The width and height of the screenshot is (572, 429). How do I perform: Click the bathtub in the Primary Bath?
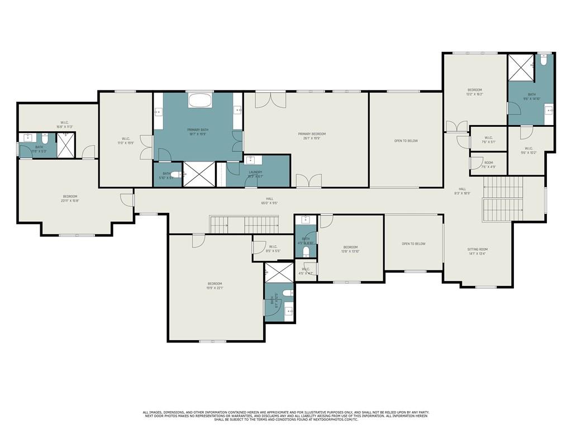click(199, 101)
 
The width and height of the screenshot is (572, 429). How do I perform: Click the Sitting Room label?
click(477, 251)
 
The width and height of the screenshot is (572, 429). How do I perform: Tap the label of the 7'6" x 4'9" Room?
click(489, 164)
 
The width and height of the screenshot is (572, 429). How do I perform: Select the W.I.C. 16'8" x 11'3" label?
click(64, 124)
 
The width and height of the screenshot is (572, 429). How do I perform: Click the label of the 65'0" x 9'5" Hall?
click(269, 201)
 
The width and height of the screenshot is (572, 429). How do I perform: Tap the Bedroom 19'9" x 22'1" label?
click(215, 285)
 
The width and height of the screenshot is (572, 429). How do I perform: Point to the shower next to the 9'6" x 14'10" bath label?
click(521, 67)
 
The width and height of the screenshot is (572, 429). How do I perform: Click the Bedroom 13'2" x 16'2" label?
click(475, 92)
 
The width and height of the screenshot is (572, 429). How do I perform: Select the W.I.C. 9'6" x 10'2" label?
click(528, 150)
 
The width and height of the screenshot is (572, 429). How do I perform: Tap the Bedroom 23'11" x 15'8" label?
click(70, 198)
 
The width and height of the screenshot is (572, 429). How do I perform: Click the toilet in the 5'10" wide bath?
click(175, 174)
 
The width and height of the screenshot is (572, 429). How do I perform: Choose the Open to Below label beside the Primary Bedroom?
click(406, 141)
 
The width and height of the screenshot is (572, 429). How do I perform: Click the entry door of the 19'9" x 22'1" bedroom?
click(198, 240)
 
